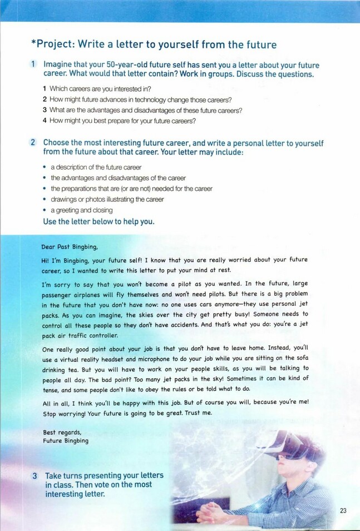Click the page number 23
[x=343, y=510]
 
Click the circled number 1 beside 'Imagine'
[x=34, y=65]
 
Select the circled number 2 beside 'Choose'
[x=34, y=143]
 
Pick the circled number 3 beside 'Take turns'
[x=34, y=476]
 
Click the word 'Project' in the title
[x=55, y=44]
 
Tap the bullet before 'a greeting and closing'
[x=44, y=210]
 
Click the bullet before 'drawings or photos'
[x=44, y=199]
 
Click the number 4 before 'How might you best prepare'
[x=45, y=121]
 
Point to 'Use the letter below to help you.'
[x=98, y=221]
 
